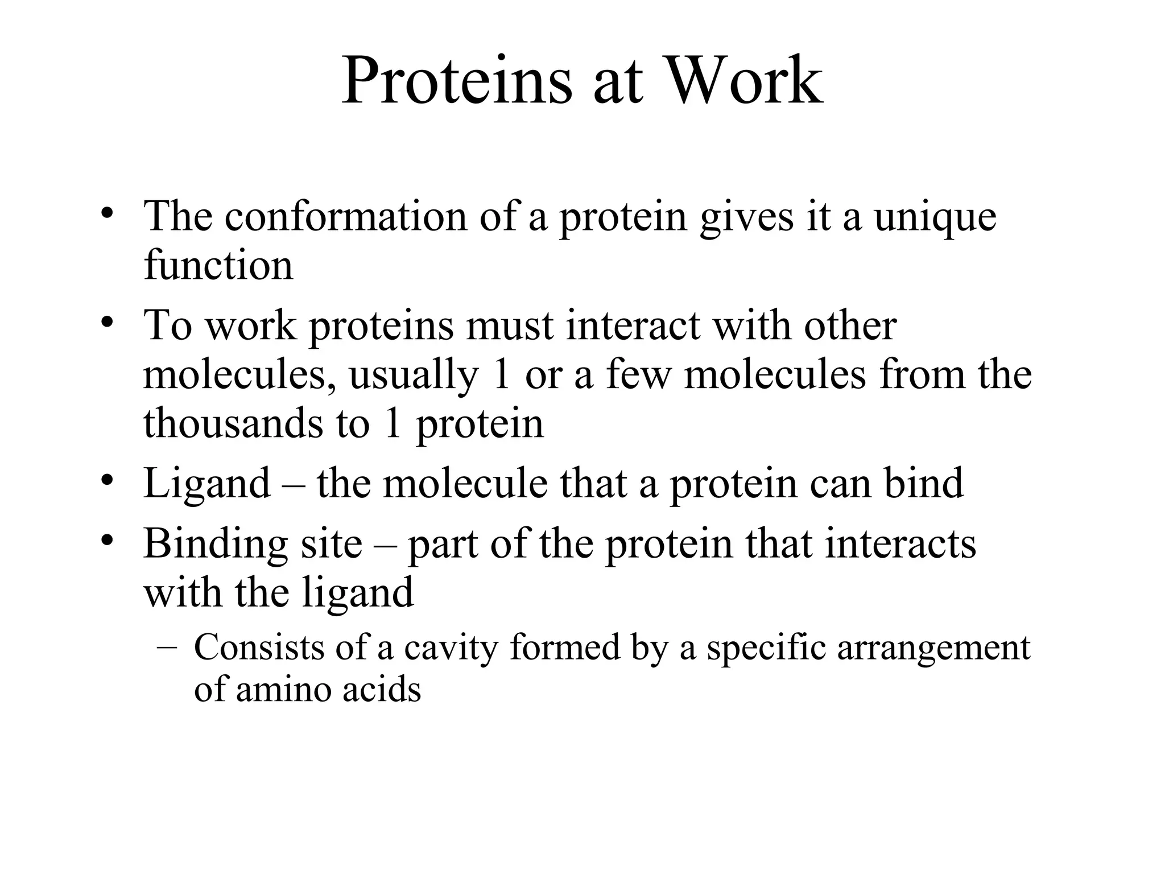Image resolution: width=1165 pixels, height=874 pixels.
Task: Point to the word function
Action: (x=218, y=265)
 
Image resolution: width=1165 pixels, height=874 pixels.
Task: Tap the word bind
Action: (x=924, y=483)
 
